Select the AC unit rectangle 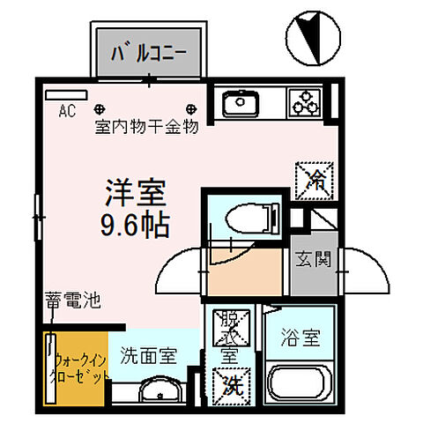(63, 94)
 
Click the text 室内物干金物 (146, 127)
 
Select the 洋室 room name (136, 192)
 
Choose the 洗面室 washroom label (149, 356)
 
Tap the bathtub (300, 384)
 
